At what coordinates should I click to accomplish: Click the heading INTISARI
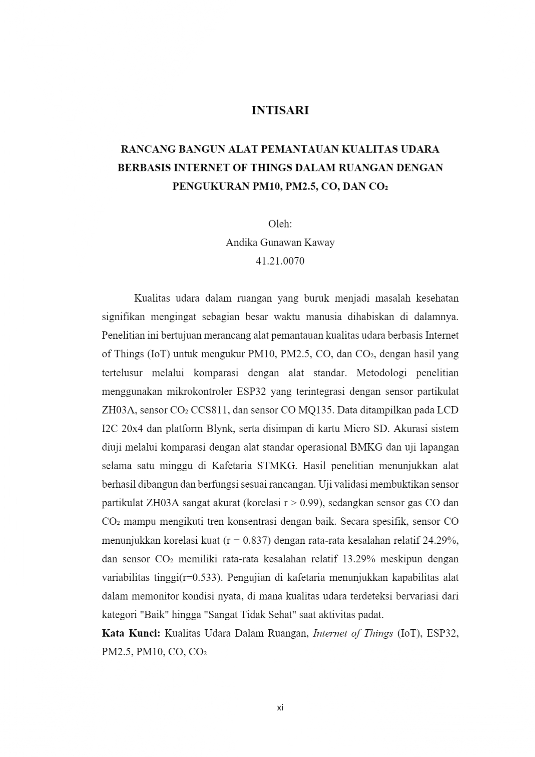coord(280,110)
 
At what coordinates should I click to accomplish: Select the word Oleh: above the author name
coord(280,224)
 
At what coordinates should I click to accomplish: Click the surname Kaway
coord(319,243)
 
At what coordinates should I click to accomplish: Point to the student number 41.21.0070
coord(280,261)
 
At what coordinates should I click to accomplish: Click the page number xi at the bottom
coord(280,708)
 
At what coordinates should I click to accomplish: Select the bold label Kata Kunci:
coord(131,634)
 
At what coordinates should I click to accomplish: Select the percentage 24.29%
coord(441,540)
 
